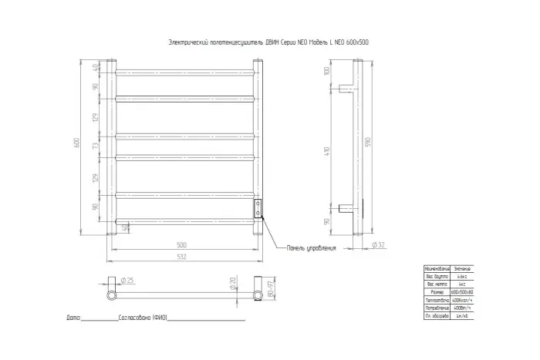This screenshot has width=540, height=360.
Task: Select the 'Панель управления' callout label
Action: click(x=312, y=248)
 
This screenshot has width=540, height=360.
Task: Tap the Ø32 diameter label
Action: click(x=378, y=244)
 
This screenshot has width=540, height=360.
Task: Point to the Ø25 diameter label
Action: click(x=128, y=280)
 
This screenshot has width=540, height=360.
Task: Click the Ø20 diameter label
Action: click(x=232, y=284)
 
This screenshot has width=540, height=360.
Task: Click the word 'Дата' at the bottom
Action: click(x=73, y=318)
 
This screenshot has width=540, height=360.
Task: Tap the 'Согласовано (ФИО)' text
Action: click(x=143, y=318)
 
